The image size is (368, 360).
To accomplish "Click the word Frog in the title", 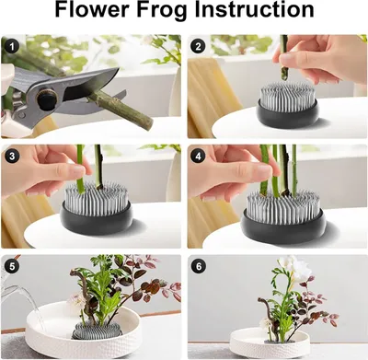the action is point(162,10).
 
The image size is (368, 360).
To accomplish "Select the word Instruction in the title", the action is point(254,9).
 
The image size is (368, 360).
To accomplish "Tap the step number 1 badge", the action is point(12,47).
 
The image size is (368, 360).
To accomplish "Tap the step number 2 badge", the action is point(198,46).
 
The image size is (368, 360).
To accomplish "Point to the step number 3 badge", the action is point(12,157).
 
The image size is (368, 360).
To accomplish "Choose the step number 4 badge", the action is point(198,157).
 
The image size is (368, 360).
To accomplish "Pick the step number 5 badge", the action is point(12,266).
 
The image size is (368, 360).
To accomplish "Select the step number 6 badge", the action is point(198,266).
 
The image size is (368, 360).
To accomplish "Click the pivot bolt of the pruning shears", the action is point(46,99).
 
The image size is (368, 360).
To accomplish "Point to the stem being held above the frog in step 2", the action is point(284,58).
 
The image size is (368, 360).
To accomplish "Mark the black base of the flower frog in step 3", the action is point(96,217).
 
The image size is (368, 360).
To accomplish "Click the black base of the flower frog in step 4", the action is point(283,226).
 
